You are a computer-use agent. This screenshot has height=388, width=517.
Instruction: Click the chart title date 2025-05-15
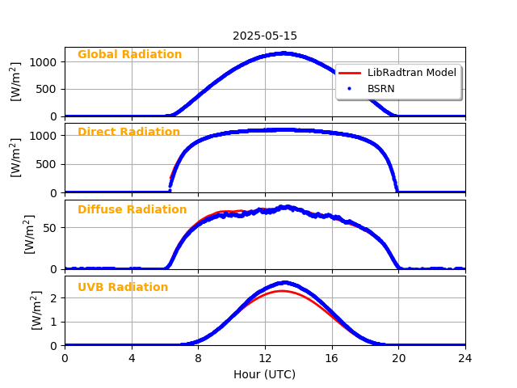265,36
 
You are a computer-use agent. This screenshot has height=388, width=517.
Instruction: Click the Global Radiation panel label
129,55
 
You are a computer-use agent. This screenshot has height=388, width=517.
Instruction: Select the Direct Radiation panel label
128,133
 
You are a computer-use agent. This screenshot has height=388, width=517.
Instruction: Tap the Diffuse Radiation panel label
132,210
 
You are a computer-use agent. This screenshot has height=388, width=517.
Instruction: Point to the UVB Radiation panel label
123,288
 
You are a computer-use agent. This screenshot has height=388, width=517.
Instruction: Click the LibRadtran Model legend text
411,73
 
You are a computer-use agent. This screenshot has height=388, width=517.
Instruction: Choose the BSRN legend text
380,88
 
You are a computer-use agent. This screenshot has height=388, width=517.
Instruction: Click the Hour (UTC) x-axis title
265,374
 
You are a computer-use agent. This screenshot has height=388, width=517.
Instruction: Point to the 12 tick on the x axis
265,358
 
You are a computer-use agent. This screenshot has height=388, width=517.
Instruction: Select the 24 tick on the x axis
465,358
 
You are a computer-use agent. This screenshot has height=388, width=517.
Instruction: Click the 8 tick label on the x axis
198,358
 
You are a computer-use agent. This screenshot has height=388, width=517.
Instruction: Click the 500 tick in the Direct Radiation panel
47,164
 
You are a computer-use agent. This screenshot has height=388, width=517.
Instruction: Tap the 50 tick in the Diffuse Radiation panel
50,228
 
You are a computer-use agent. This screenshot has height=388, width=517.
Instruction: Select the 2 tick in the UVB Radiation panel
53,298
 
